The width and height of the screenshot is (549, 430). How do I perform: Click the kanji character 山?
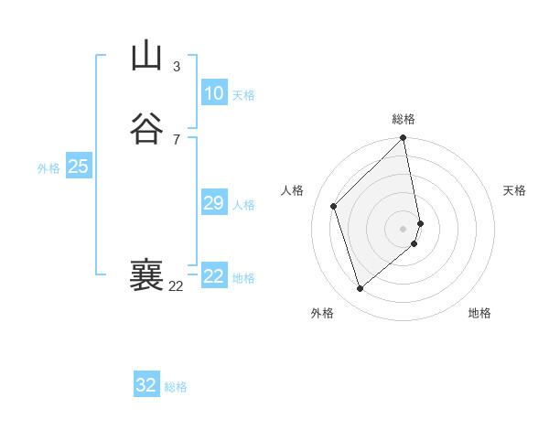point(147,57)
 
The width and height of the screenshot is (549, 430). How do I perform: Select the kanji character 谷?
point(147,128)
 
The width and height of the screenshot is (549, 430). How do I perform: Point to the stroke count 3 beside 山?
point(177,66)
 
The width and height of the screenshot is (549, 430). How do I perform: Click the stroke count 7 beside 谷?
point(177,139)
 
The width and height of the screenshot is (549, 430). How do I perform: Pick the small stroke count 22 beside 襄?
point(176,286)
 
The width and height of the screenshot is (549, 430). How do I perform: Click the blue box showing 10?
point(213,93)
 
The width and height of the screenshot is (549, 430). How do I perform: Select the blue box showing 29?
point(213,203)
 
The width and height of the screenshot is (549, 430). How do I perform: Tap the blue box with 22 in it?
point(213,276)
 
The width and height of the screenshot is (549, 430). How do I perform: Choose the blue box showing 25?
point(78,167)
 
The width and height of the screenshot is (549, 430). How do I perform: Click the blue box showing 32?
point(145,385)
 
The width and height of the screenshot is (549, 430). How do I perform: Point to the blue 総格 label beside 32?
point(176,387)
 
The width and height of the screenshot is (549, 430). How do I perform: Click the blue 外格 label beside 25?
point(48,168)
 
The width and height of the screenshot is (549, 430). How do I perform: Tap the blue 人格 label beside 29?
point(244,205)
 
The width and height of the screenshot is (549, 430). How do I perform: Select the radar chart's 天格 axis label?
point(514,190)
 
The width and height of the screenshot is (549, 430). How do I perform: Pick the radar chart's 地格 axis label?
point(479,313)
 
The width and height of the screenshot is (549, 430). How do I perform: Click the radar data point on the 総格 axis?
point(404,139)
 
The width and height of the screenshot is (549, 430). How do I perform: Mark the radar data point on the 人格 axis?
point(334,206)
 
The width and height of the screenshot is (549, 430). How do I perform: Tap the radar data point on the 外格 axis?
point(360,289)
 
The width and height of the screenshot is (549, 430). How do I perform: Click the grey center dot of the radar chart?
point(404,229)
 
